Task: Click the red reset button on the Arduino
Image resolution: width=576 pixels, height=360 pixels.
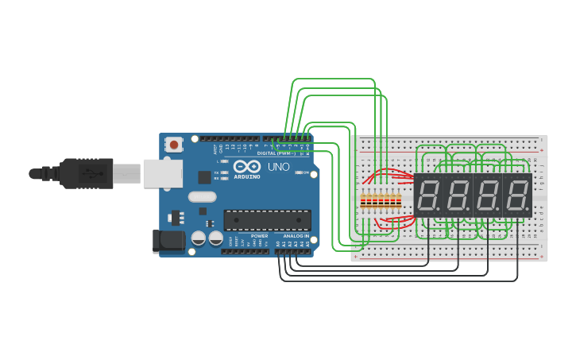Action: (173, 145)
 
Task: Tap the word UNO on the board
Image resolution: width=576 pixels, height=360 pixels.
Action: (278, 168)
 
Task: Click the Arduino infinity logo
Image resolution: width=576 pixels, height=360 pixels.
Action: (246, 168)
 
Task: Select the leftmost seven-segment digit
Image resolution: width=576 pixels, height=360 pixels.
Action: (429, 195)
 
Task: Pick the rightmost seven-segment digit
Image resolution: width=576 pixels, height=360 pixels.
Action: (517, 195)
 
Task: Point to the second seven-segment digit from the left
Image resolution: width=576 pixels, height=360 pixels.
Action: (458, 195)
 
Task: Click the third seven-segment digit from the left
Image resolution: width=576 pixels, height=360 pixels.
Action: (488, 195)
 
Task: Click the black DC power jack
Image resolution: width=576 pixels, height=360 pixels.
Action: (168, 241)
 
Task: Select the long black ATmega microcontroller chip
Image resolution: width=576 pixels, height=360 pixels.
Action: (267, 220)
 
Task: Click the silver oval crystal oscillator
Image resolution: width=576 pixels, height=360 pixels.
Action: (202, 196)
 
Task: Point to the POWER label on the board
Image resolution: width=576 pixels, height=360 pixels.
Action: (259, 236)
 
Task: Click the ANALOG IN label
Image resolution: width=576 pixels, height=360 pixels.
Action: (295, 236)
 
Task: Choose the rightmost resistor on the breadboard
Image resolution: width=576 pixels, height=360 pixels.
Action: (397, 201)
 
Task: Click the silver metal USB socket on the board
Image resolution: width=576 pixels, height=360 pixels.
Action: (162, 173)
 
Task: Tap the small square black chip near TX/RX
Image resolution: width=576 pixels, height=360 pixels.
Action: (204, 177)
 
